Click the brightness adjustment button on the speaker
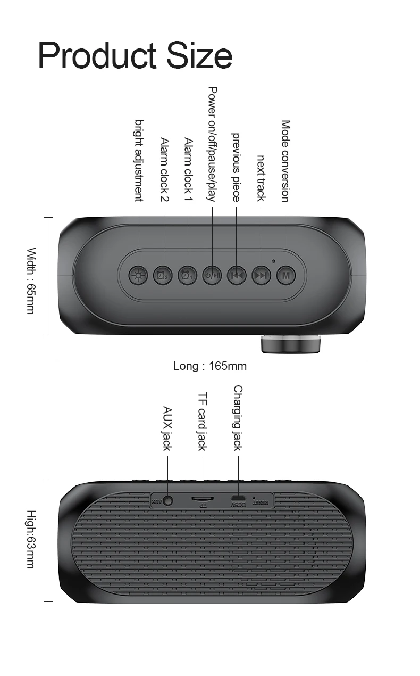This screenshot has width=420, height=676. [x=139, y=275]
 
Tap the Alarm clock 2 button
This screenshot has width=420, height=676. [x=163, y=275]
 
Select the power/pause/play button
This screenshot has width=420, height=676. [x=212, y=275]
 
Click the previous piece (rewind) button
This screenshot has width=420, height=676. [x=237, y=275]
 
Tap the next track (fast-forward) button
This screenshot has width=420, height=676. [x=261, y=275]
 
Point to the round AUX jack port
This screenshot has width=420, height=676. [x=168, y=500]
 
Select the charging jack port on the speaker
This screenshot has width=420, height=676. [x=238, y=499]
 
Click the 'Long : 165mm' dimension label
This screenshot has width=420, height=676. [x=210, y=366]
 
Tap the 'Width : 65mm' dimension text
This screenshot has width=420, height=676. [x=31, y=281]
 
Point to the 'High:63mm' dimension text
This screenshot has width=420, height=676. [x=31, y=539]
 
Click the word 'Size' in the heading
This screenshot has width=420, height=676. [x=200, y=55]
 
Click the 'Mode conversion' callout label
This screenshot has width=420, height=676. [x=285, y=161]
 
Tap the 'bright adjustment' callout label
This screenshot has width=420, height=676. [x=139, y=160]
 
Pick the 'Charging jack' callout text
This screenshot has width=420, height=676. [x=238, y=418]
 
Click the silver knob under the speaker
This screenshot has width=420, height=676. [x=291, y=344]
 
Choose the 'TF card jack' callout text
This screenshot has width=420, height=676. [x=202, y=422]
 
